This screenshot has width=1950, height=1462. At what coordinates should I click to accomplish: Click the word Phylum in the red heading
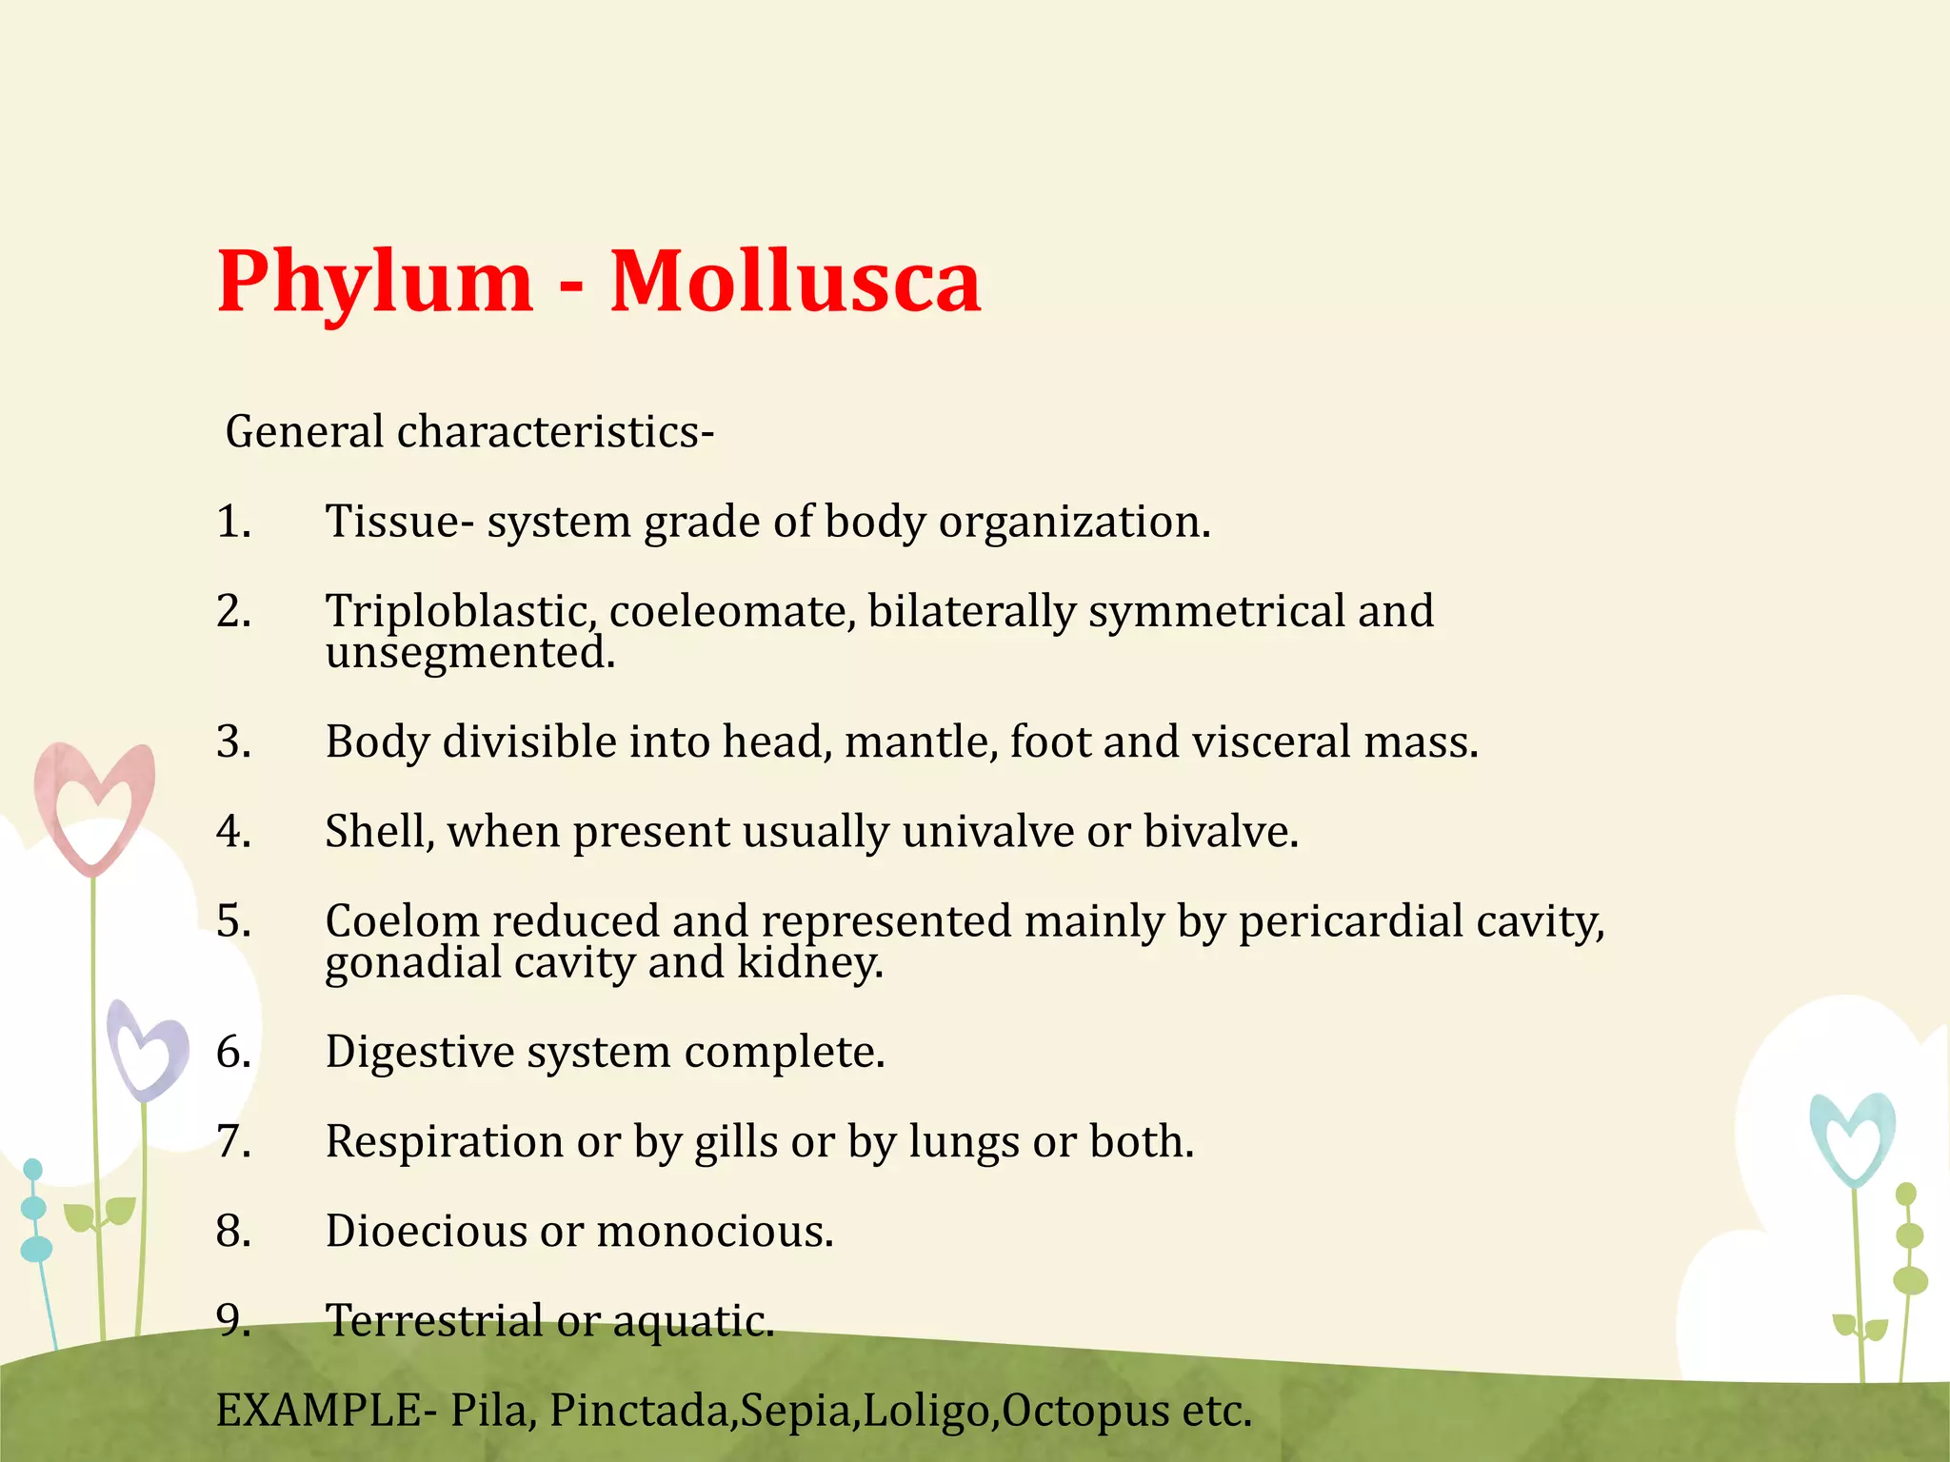pos(375,283)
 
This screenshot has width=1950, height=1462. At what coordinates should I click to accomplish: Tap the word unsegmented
pos(470,654)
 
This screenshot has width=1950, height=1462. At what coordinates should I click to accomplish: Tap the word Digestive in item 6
pos(419,1053)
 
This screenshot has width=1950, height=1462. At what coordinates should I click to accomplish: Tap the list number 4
pos(233,832)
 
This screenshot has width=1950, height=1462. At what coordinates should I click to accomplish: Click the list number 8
pos(233,1232)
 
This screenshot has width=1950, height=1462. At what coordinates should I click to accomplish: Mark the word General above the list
pos(304,432)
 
